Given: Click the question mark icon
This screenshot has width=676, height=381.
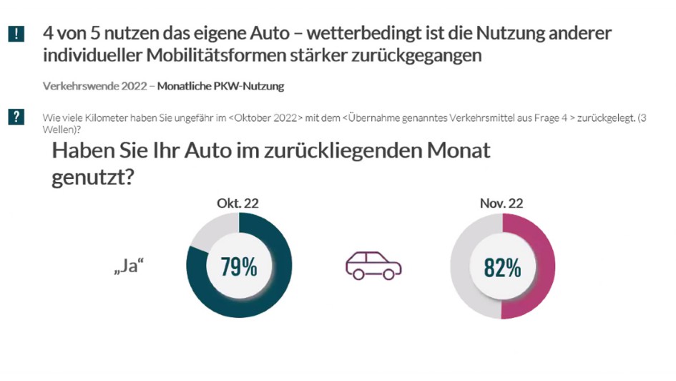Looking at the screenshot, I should click(x=16, y=117).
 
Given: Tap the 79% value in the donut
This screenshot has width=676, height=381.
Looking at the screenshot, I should click(x=239, y=266).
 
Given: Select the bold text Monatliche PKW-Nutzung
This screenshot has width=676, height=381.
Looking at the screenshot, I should click(x=220, y=87).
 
